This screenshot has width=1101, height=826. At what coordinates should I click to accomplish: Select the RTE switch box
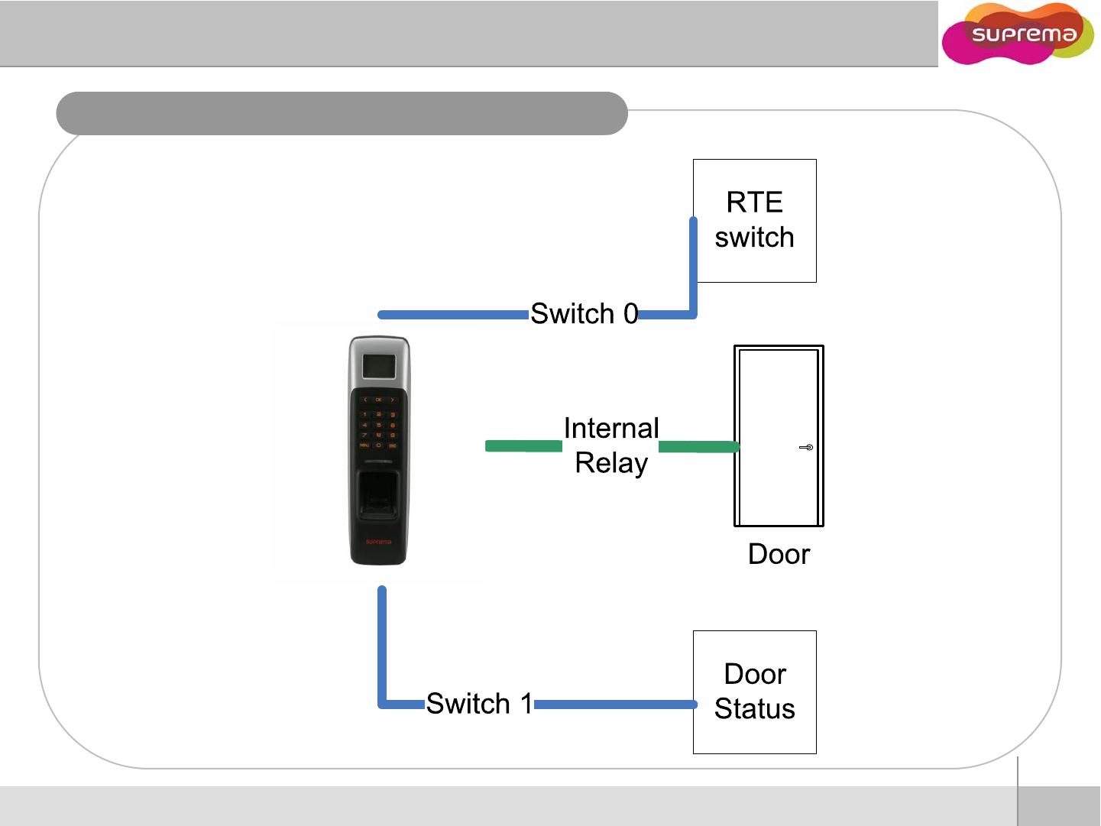(x=754, y=220)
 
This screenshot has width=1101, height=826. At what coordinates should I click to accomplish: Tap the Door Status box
(x=754, y=692)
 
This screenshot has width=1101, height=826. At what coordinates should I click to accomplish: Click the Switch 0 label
(x=584, y=313)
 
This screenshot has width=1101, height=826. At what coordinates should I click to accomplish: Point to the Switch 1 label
(x=479, y=703)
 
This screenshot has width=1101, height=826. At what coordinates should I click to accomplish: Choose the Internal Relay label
(x=611, y=445)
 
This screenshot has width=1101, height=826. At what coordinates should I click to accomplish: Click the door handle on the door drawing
(x=806, y=447)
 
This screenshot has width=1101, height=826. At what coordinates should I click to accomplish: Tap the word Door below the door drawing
(x=779, y=554)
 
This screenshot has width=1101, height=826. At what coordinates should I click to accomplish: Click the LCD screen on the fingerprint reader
(x=379, y=366)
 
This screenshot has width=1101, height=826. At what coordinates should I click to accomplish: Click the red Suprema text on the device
(x=378, y=542)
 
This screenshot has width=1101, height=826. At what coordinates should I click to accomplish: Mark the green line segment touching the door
(x=698, y=446)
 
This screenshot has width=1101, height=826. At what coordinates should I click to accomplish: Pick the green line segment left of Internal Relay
(x=523, y=445)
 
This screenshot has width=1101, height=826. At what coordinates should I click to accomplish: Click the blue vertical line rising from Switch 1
(x=382, y=646)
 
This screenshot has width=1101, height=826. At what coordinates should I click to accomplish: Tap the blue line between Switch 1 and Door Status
(x=615, y=704)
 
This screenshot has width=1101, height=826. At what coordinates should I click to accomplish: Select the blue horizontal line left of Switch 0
(x=454, y=315)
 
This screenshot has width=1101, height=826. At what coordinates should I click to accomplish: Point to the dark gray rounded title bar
(x=342, y=113)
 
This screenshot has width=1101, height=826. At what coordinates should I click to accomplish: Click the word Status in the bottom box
(x=754, y=709)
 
